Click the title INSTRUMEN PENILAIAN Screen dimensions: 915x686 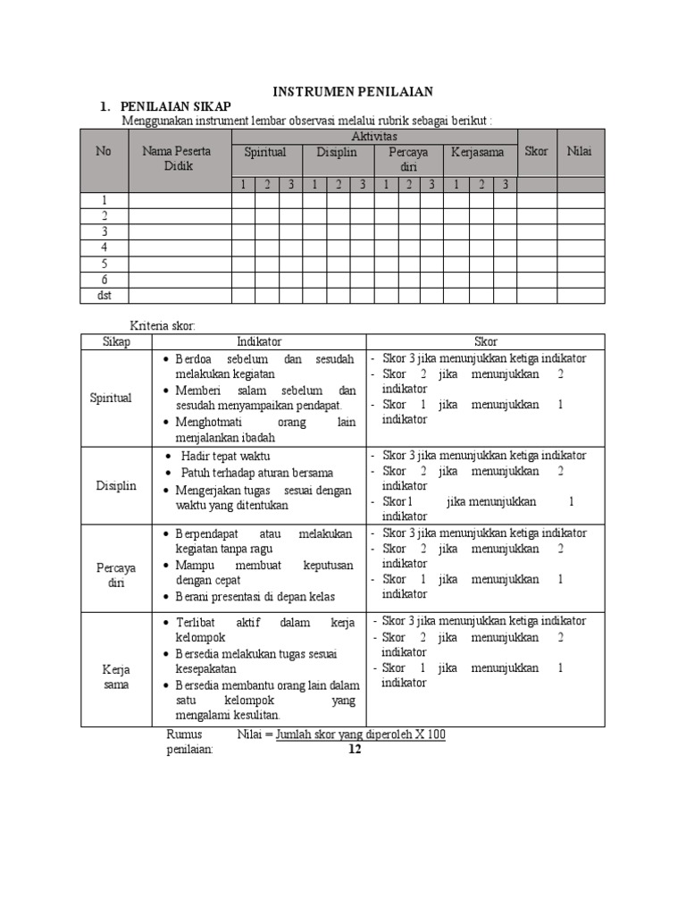click(x=353, y=91)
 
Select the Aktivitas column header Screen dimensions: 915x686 click(x=374, y=136)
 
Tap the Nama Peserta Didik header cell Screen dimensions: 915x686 click(x=176, y=159)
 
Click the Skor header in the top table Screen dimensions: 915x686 click(x=536, y=151)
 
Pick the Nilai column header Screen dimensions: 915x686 click(x=580, y=151)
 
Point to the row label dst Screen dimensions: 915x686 click(x=104, y=296)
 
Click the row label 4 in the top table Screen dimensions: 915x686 click(x=104, y=248)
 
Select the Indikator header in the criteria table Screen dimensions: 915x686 click(x=259, y=342)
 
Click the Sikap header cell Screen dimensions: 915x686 click(x=116, y=342)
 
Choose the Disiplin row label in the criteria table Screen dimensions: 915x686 click(x=116, y=485)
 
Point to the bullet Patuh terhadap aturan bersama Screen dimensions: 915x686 click(x=257, y=473)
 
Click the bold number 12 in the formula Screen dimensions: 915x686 click(x=355, y=750)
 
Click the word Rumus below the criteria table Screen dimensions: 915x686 click(x=186, y=735)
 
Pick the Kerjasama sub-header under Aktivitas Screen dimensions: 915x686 click(x=478, y=153)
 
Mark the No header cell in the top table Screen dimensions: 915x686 click(x=104, y=151)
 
